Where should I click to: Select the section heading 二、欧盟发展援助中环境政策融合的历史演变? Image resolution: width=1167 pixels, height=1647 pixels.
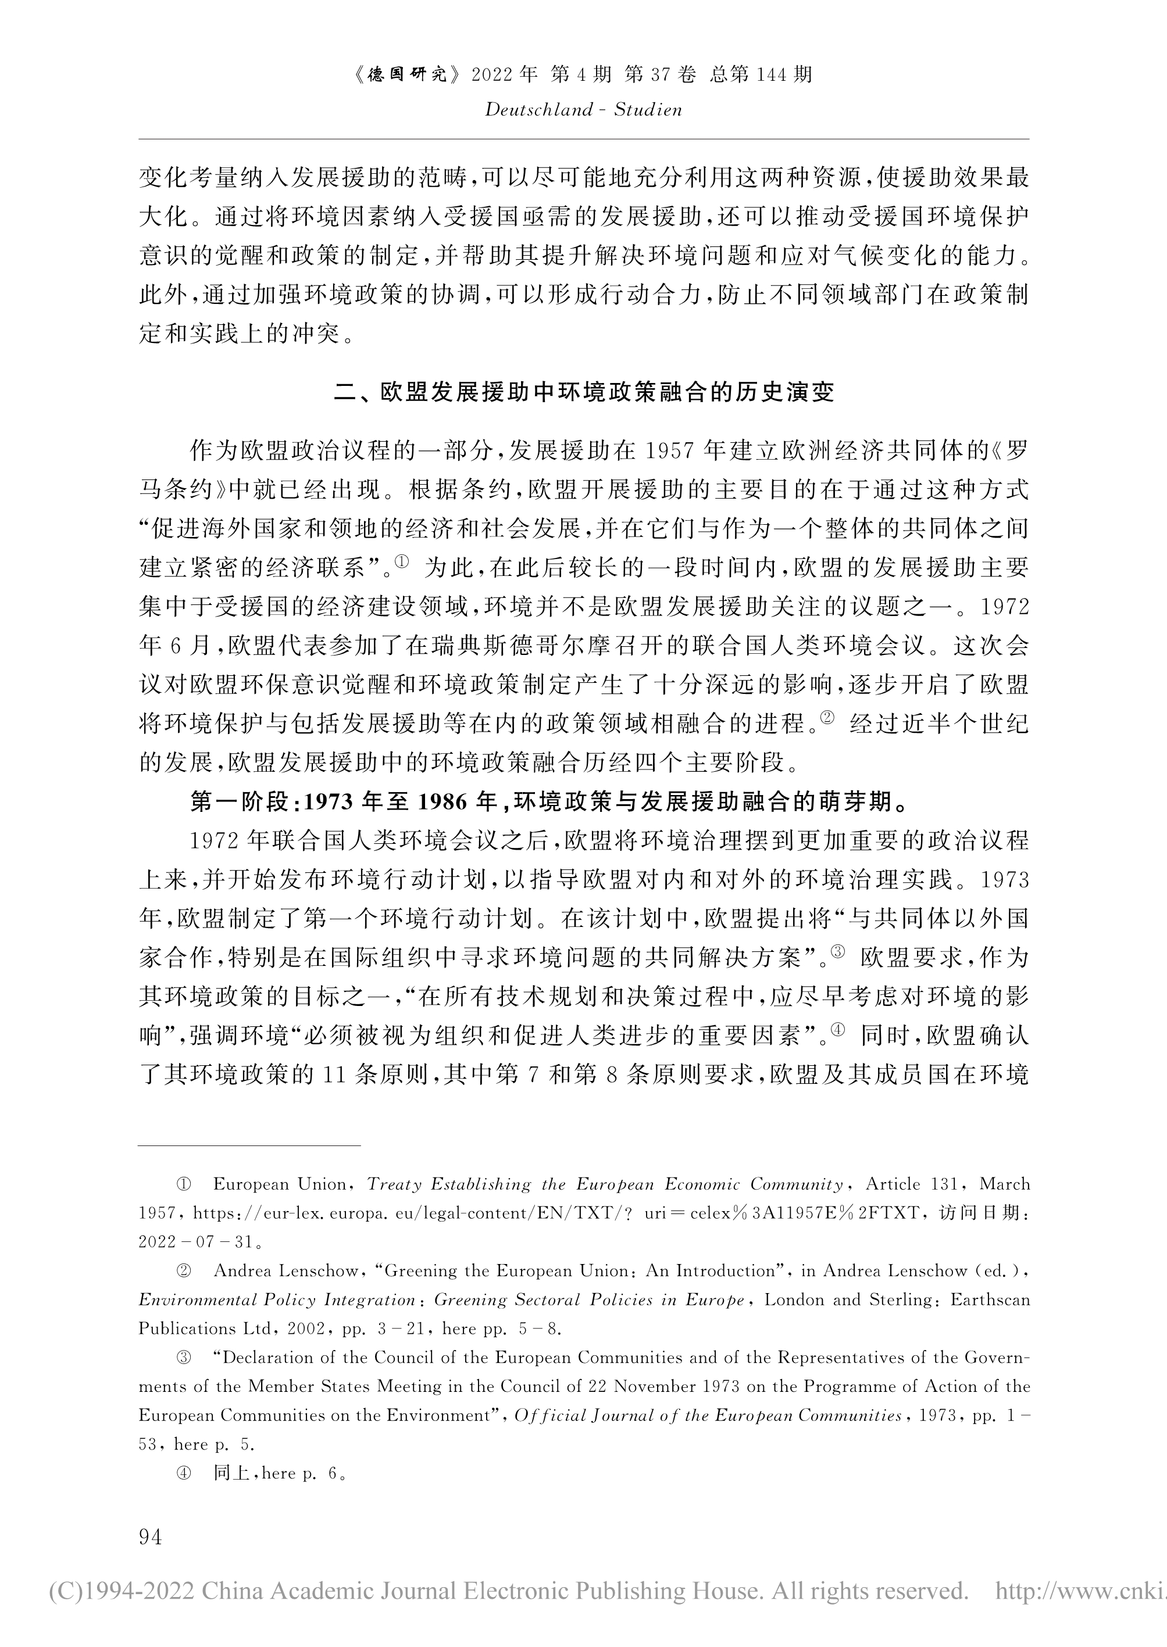tap(584, 392)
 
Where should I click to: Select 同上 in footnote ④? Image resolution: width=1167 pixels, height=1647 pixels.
tap(231, 1473)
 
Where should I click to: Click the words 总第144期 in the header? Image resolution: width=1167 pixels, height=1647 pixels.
tap(761, 75)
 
